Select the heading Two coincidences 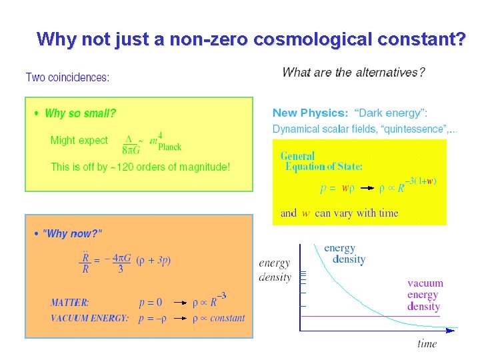click(x=67, y=77)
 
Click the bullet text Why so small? click(x=80, y=113)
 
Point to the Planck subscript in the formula click(x=169, y=147)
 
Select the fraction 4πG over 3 click(x=121, y=263)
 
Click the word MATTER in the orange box click(x=70, y=302)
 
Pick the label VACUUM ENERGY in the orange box click(x=89, y=319)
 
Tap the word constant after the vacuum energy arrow click(x=227, y=319)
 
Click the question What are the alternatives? click(x=353, y=72)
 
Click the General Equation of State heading click(x=322, y=161)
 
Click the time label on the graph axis click(x=427, y=344)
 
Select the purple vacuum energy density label click(x=425, y=295)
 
